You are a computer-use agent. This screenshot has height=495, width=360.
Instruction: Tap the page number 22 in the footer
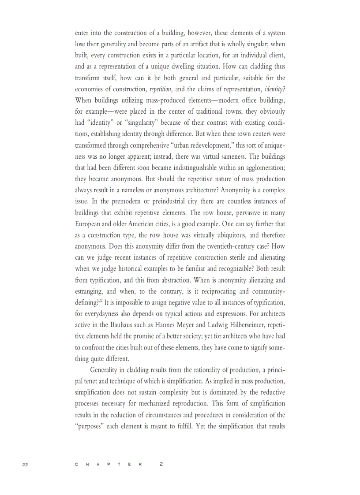[25, 464]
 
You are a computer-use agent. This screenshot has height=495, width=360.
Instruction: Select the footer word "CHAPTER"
[109, 464]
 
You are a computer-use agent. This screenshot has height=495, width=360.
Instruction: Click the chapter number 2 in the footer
[161, 464]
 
